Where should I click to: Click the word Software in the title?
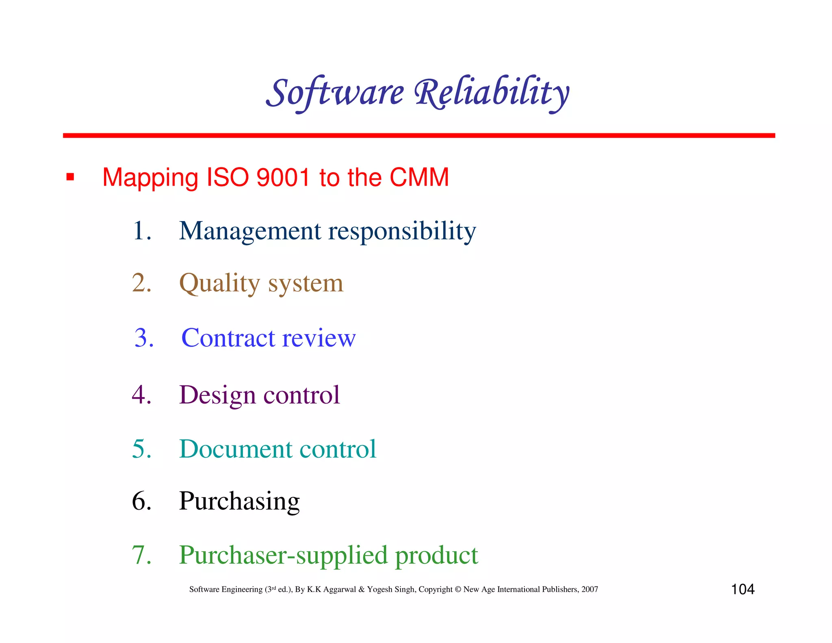[x=335, y=93]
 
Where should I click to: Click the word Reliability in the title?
[x=492, y=93]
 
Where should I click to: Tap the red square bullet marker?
[x=70, y=177]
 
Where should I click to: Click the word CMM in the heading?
[x=419, y=177]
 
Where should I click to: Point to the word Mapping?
[x=150, y=178]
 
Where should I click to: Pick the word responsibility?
[x=402, y=231]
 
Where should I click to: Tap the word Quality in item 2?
[x=219, y=283]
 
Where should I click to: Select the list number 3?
[x=144, y=337]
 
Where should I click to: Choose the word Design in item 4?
[x=217, y=395]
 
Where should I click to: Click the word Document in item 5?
[x=235, y=449]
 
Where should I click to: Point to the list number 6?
[x=141, y=501]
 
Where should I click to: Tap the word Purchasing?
[x=239, y=501]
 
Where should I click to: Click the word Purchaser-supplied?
[x=283, y=555]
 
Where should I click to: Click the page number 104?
[x=742, y=589]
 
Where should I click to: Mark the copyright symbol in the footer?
[x=458, y=589]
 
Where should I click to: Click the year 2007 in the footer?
[x=589, y=589]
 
